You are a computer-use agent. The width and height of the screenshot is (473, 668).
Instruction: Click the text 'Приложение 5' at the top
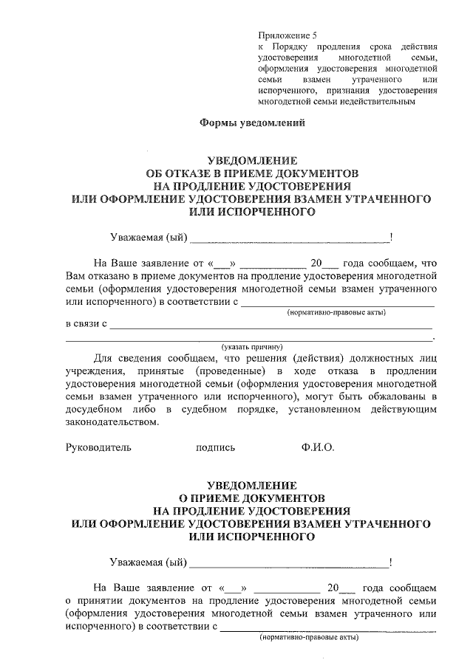click(x=287, y=35)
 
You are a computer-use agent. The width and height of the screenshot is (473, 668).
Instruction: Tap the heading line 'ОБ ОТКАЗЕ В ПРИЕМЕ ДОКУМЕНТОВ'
click(x=252, y=172)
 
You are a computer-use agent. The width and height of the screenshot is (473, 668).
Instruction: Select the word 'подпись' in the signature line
click(x=215, y=447)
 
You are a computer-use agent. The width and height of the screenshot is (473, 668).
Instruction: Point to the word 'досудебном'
click(x=94, y=409)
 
